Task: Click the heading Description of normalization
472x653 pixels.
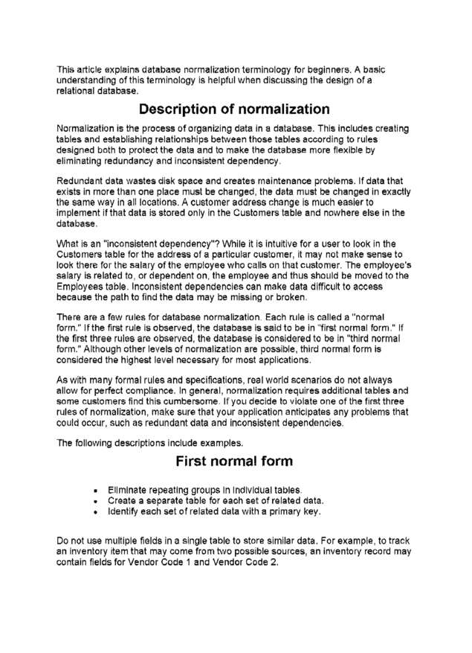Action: [x=235, y=109]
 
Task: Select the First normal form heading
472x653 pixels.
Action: [x=235, y=462]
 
